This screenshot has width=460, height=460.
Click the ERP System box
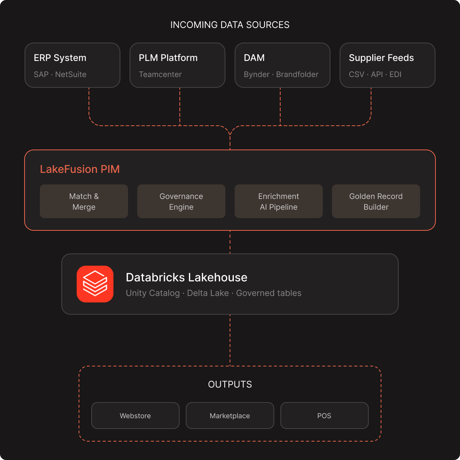(x=72, y=65)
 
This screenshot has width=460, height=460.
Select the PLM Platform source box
(x=177, y=65)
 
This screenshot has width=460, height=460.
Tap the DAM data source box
(x=283, y=65)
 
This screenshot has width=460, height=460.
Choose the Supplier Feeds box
(x=388, y=65)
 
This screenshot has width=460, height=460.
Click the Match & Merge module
(x=84, y=202)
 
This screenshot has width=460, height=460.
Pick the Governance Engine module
(x=181, y=202)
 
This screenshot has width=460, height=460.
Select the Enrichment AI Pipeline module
(x=279, y=202)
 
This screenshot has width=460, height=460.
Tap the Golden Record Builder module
(x=376, y=202)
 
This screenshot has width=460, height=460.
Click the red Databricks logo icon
(x=95, y=284)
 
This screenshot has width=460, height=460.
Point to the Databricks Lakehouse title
(x=187, y=278)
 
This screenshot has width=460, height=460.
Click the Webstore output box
(x=135, y=416)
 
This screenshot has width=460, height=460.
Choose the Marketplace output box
(x=230, y=416)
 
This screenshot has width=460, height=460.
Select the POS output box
(x=324, y=416)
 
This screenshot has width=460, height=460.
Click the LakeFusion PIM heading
(x=80, y=169)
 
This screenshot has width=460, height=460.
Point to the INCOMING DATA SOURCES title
(x=230, y=25)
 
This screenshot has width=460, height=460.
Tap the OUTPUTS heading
(x=230, y=384)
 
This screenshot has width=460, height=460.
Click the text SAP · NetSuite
(x=60, y=74)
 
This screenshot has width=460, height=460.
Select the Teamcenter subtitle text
(x=160, y=74)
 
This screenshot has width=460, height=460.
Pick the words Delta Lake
(x=208, y=293)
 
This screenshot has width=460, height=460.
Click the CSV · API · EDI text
(x=375, y=74)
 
